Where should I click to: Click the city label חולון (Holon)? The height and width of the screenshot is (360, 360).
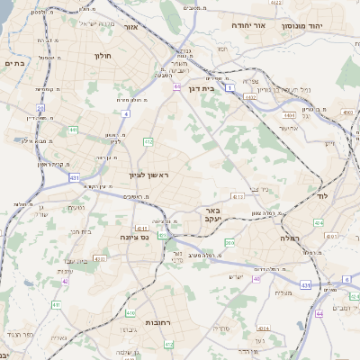pos(101,56)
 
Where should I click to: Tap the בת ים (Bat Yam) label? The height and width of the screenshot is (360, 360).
pos(13,63)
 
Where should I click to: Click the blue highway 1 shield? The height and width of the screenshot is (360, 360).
pos(230,89)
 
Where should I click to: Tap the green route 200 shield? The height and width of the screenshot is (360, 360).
pos(229,243)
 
